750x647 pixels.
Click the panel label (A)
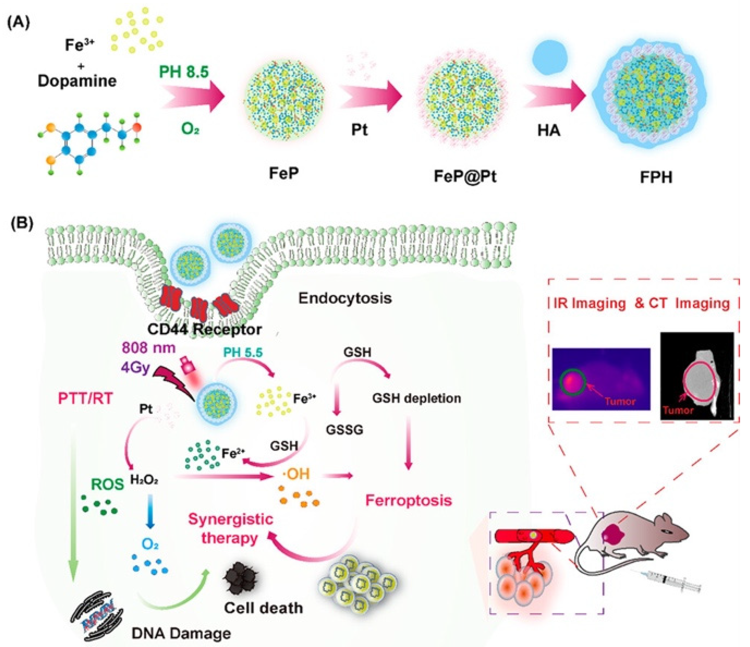tap(19, 24)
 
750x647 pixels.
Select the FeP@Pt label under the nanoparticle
tap(465, 177)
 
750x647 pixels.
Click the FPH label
tap(656, 178)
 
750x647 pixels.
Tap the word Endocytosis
tap(345, 298)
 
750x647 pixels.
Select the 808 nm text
tap(148, 348)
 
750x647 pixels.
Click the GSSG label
tap(344, 430)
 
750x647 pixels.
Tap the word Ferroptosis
tap(409, 501)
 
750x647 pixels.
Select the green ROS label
tap(107, 484)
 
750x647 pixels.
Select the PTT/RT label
tap(85, 398)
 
